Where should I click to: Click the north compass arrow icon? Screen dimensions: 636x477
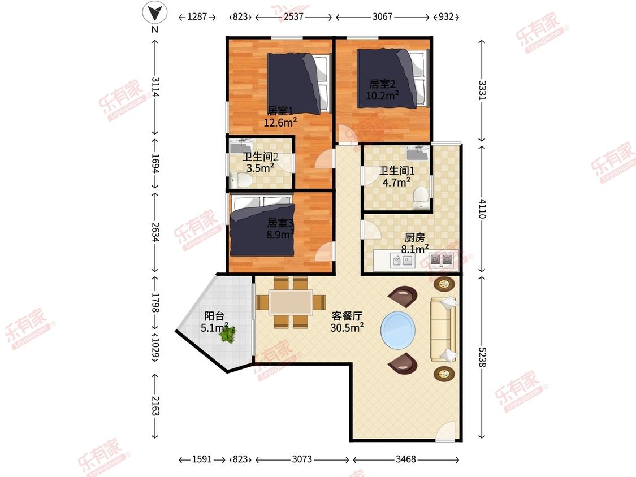(x=154, y=12)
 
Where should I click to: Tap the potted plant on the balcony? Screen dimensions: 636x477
(x=228, y=334)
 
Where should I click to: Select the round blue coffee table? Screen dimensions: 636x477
(x=398, y=329)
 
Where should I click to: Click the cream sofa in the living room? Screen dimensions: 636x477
(x=443, y=329)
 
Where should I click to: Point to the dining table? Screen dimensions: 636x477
(x=291, y=302)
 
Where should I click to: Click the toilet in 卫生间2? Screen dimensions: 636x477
(x=241, y=179)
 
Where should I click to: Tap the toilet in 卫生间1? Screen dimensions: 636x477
(x=421, y=197)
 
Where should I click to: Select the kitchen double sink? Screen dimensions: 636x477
(x=403, y=261)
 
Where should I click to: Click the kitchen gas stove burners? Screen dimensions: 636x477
(x=442, y=259)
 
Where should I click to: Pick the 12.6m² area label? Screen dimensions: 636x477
(x=280, y=122)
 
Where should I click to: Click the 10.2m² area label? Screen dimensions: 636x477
(x=382, y=96)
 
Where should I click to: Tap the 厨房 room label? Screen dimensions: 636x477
(x=414, y=237)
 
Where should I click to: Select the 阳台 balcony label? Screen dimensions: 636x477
(x=214, y=316)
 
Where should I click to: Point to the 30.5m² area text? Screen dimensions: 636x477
(x=347, y=327)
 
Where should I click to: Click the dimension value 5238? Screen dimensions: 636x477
(x=482, y=357)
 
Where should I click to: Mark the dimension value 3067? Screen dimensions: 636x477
(x=383, y=16)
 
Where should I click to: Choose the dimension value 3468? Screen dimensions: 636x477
(x=405, y=459)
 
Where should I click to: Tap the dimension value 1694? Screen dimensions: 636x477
(x=154, y=163)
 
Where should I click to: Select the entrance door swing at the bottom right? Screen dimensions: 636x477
(x=446, y=431)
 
